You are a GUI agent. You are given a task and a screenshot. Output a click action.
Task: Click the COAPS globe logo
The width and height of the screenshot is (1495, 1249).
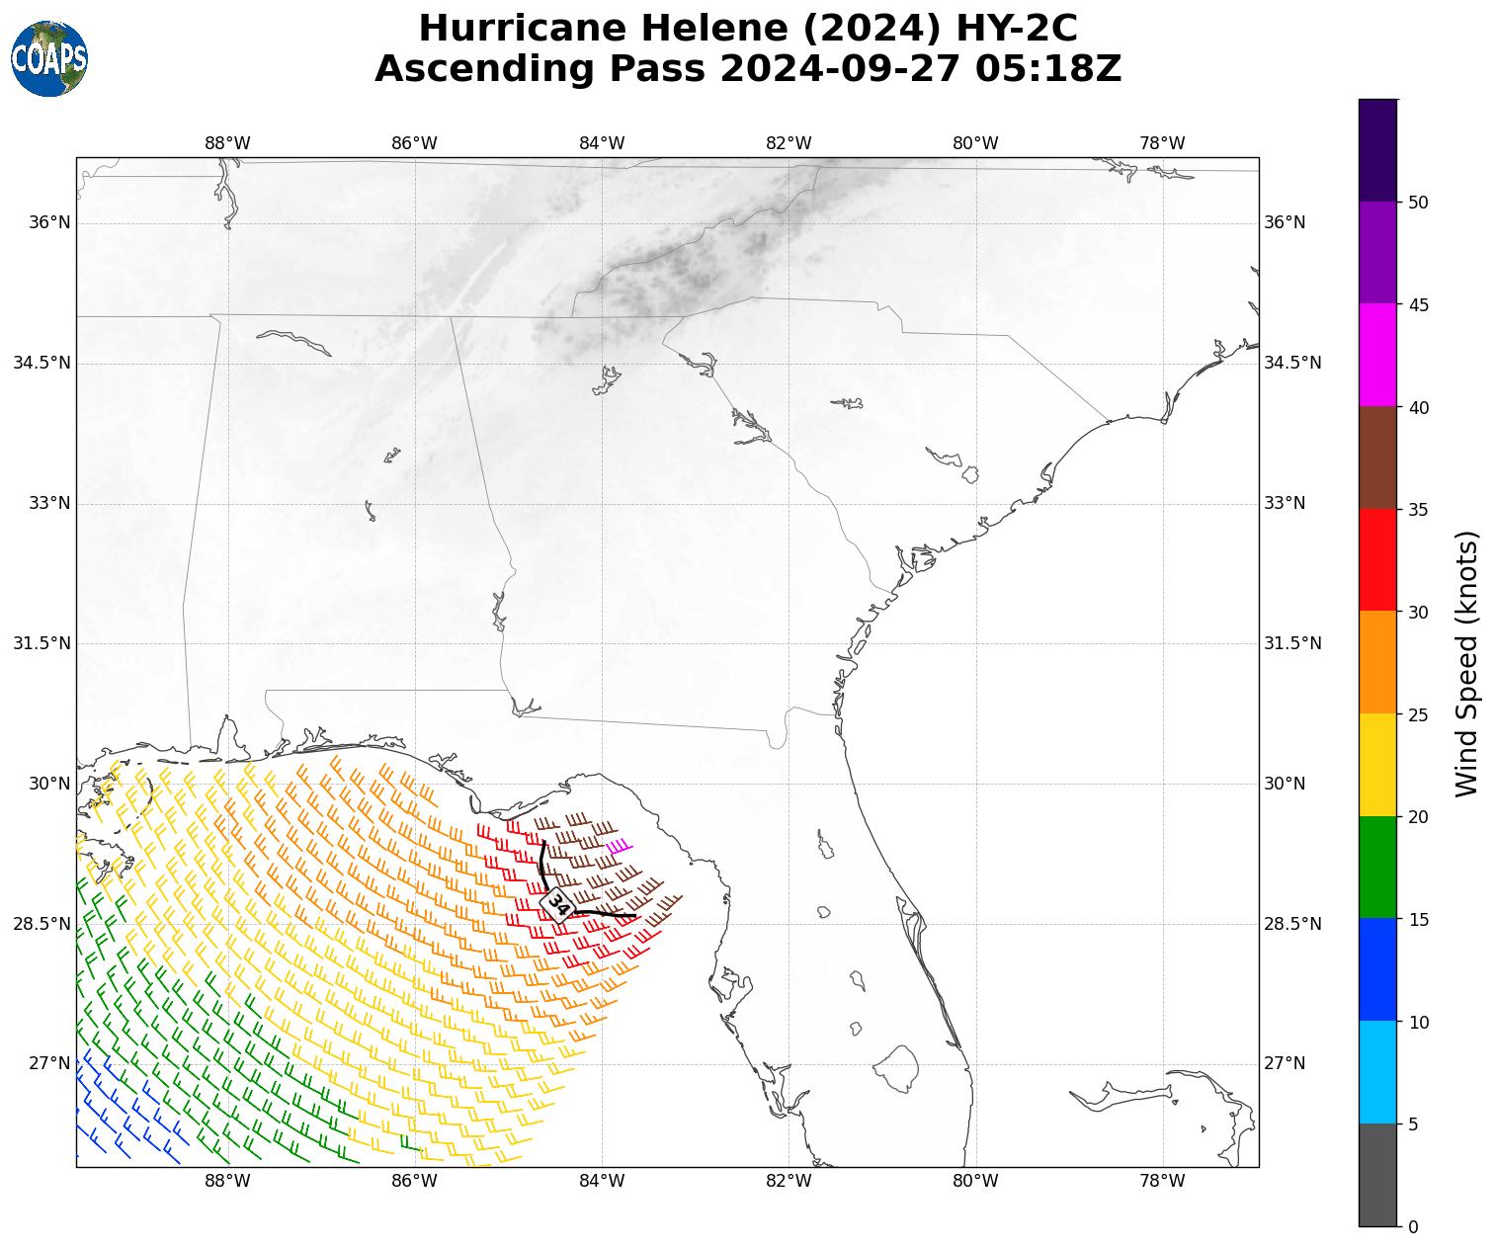click(48, 59)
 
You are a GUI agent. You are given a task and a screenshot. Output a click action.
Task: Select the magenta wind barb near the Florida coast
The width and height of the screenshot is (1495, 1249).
click(620, 846)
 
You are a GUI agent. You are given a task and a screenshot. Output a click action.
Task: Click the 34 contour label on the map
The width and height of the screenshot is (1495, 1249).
click(559, 904)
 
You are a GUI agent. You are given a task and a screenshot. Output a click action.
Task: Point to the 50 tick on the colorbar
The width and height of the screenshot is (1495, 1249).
click(1417, 203)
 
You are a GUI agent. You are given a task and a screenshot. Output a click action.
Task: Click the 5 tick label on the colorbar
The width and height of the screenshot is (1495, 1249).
click(1412, 1124)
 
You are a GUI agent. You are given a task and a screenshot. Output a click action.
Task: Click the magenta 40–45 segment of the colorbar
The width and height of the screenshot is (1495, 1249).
click(1377, 355)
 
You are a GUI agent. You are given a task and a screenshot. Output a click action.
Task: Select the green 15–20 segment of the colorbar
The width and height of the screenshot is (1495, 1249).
click(1377, 867)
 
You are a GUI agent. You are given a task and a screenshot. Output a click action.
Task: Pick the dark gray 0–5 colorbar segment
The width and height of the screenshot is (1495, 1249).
click(1377, 1175)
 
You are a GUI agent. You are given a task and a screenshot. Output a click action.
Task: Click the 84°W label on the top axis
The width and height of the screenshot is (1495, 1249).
click(602, 143)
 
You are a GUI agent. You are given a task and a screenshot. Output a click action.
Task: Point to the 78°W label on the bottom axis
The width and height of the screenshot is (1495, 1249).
click(1162, 1181)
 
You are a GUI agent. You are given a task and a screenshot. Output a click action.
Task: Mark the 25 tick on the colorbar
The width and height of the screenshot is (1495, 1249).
click(1417, 714)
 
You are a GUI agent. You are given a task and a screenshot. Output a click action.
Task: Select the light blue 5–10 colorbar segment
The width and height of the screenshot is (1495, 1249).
click(1377, 1072)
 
